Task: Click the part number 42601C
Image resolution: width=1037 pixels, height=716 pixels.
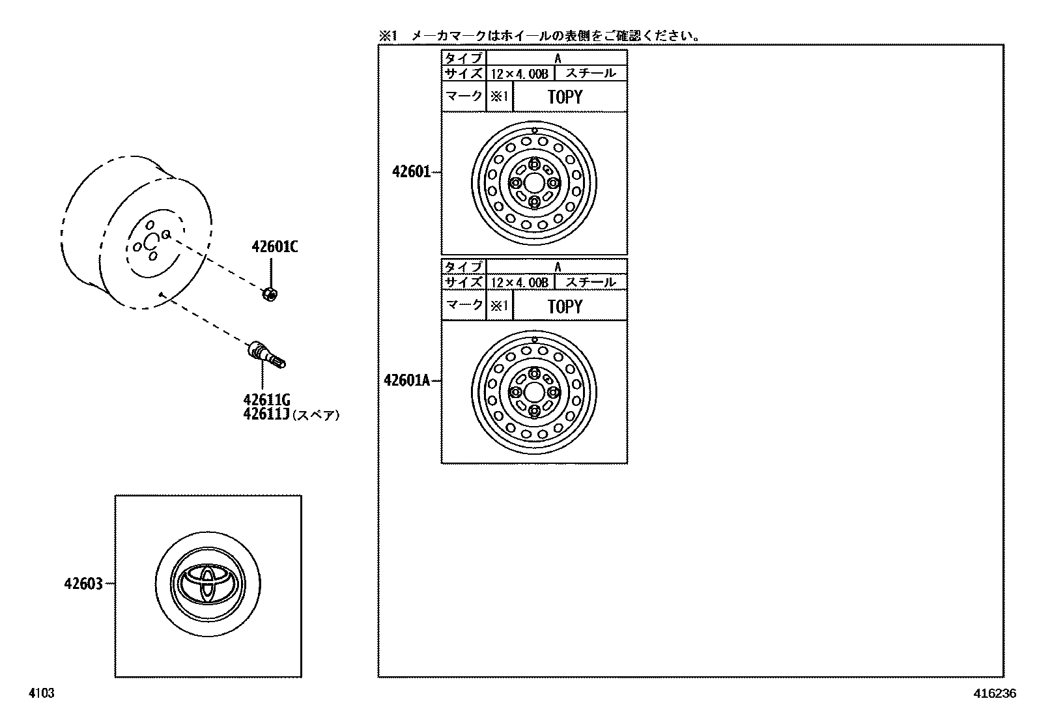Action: pyautogui.click(x=275, y=247)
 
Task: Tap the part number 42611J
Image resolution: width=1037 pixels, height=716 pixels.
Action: pyautogui.click(x=266, y=414)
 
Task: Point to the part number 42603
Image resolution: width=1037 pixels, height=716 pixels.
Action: pyautogui.click(x=83, y=584)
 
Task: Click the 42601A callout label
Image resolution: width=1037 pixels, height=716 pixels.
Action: pyautogui.click(x=407, y=380)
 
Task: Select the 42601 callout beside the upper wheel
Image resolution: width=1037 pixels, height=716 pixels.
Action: pyautogui.click(x=411, y=172)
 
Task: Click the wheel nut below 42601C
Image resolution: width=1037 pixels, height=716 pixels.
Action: pyautogui.click(x=269, y=294)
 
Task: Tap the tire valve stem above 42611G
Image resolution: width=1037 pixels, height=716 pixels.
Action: pyautogui.click(x=266, y=354)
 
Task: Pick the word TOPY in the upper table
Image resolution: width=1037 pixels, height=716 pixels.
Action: pyautogui.click(x=565, y=97)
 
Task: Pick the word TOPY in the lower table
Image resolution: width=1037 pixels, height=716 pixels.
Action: pyautogui.click(x=565, y=306)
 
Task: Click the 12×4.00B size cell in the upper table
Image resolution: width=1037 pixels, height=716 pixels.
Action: pyautogui.click(x=519, y=74)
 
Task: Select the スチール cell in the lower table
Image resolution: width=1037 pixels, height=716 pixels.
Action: pyautogui.click(x=590, y=282)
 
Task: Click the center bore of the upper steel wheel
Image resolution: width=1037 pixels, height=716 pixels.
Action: pyautogui.click(x=534, y=182)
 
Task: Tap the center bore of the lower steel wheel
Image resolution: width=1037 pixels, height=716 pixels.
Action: pyautogui.click(x=534, y=392)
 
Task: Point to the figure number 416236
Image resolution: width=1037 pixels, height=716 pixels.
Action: pyautogui.click(x=995, y=694)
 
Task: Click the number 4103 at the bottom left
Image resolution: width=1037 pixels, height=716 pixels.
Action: pyautogui.click(x=40, y=694)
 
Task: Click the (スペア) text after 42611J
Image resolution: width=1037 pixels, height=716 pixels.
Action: pyautogui.click(x=316, y=415)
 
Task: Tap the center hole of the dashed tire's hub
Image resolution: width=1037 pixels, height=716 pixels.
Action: pyautogui.click(x=151, y=242)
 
